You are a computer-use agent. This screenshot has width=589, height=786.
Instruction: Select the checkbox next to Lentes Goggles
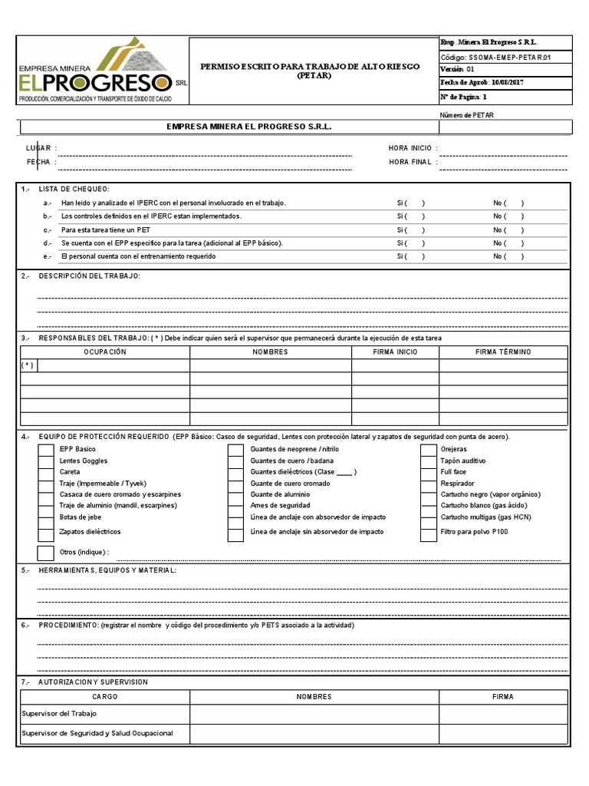point(46,461)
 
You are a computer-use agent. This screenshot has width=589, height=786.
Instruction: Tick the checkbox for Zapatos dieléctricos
point(46,532)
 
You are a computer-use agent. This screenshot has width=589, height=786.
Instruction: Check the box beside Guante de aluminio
point(235,495)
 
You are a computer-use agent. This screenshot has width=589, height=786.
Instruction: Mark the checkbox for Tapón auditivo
point(428,461)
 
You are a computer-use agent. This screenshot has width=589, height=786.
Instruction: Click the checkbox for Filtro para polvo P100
point(428,532)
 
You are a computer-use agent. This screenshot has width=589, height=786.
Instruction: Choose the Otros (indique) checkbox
point(46,553)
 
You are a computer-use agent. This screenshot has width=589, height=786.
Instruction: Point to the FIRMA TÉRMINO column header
point(503,352)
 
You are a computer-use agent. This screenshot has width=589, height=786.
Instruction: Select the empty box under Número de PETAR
point(505,127)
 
